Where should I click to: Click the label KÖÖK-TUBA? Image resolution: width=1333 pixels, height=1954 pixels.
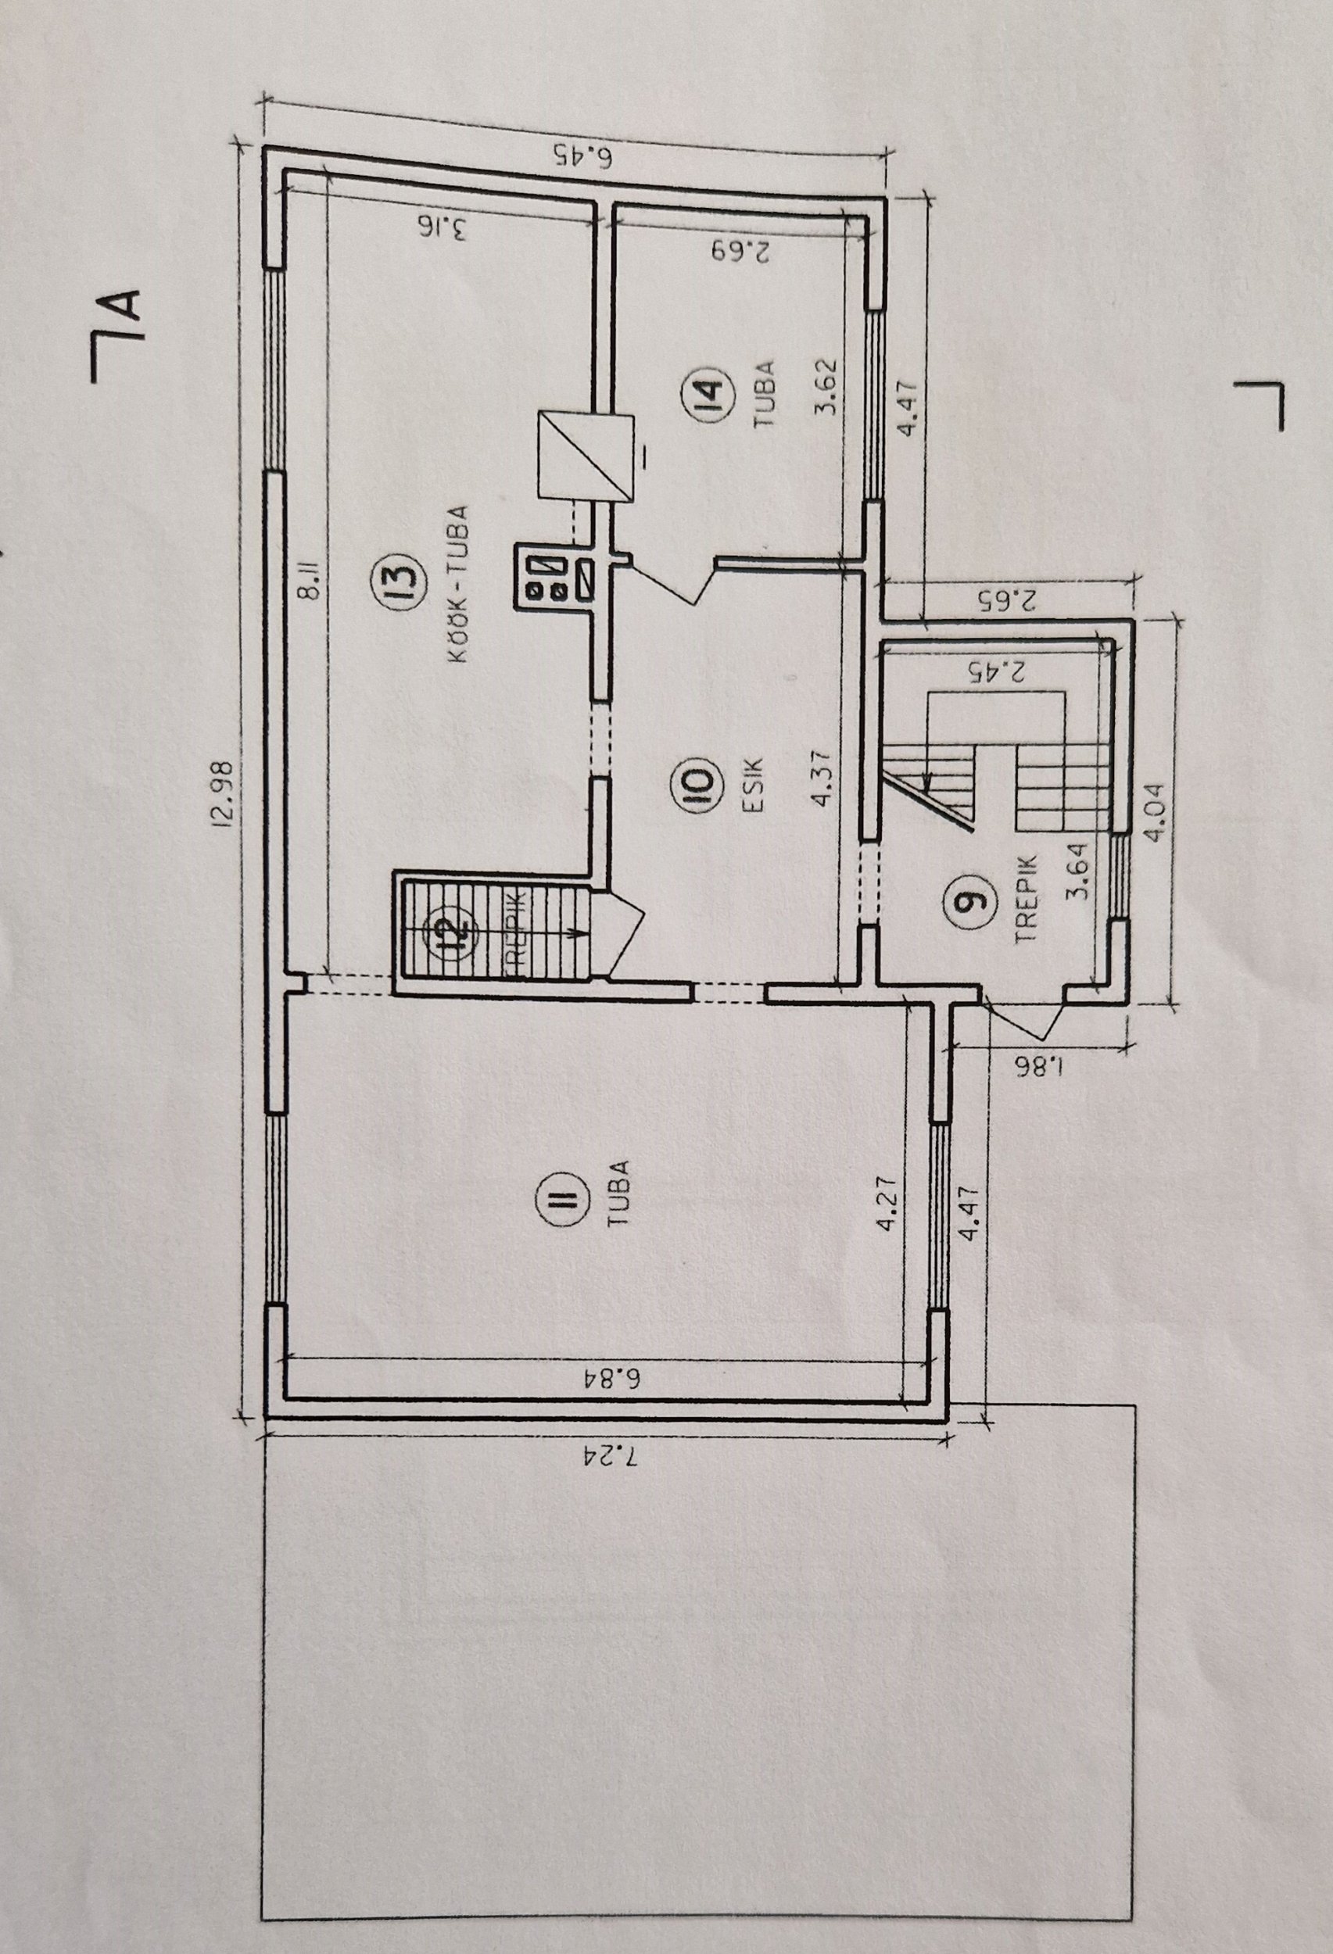(x=457, y=585)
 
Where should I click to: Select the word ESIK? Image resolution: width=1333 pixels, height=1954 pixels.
(x=751, y=784)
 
